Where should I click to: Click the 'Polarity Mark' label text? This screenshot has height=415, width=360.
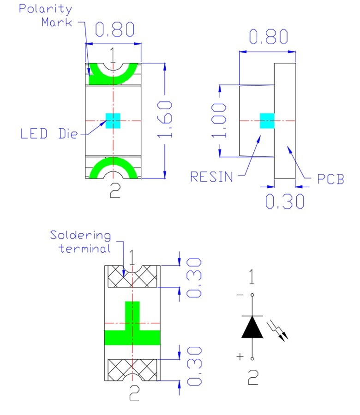[45, 15]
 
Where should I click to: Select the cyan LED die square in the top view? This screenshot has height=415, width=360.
[113, 121]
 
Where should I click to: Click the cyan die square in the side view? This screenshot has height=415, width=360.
[267, 120]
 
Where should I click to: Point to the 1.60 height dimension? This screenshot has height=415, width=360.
[167, 119]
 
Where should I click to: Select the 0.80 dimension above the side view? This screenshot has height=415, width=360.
[268, 36]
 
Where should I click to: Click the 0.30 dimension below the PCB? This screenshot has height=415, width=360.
[285, 202]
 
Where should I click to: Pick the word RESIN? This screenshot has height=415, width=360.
[212, 177]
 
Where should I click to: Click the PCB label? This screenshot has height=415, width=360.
[330, 179]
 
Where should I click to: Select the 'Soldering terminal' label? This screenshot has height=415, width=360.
[81, 242]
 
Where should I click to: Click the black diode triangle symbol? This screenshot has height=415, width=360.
[252, 327]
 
